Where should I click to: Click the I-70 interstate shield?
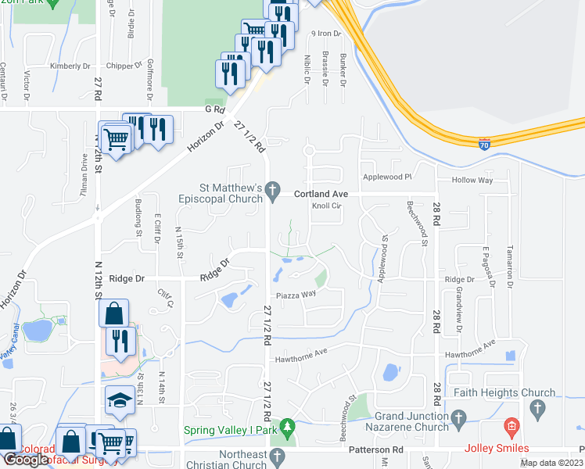486,144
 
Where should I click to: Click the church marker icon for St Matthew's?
272,188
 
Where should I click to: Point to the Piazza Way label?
296,295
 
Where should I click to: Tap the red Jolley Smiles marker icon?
511,427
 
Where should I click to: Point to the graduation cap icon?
119,401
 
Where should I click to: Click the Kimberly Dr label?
65,66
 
